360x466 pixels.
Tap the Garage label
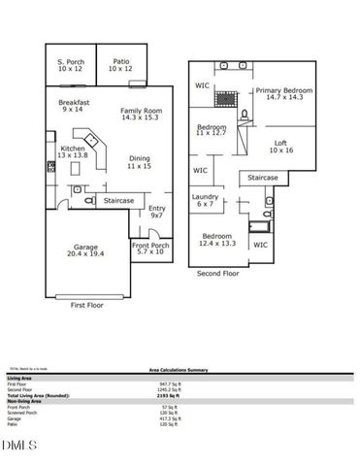pos(86,250)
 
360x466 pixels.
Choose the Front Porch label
pos(150,250)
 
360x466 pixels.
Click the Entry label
pos(156,212)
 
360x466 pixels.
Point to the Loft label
pos(280,147)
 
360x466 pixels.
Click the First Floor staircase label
pos(119,200)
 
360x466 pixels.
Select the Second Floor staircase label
pos(263,178)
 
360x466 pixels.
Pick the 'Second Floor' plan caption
pos(218,274)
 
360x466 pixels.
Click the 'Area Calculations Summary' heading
pos(180,370)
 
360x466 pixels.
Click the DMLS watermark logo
pos(16,445)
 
